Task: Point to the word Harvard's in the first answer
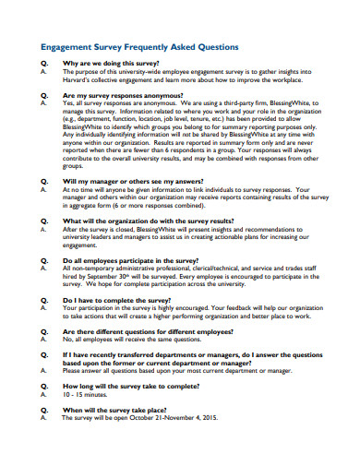[x=82, y=79]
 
